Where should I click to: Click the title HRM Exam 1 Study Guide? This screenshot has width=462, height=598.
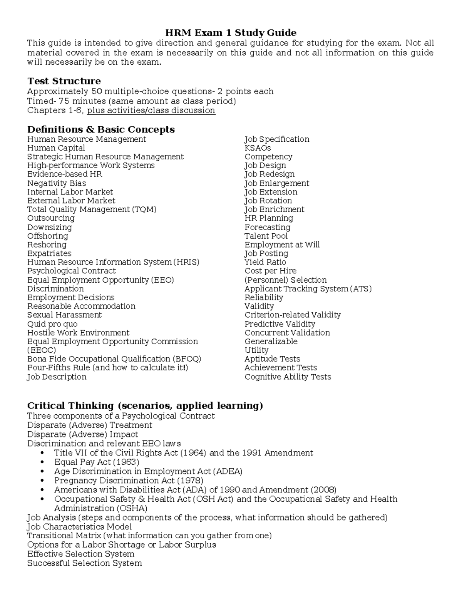231,32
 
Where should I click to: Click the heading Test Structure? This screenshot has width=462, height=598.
64,81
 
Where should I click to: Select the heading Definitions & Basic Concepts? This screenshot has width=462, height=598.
101,129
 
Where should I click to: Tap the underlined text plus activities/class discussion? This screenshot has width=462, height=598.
151,111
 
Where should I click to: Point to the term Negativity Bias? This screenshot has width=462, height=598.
57,183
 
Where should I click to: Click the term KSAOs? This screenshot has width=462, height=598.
258,148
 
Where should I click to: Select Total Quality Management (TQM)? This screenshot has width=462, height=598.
92,209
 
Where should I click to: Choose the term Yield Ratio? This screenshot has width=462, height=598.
265,262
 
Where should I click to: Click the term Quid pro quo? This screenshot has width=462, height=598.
52,324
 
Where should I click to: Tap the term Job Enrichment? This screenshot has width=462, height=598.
274,209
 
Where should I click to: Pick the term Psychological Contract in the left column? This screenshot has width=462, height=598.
71,271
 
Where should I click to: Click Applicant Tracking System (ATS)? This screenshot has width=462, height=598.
308,289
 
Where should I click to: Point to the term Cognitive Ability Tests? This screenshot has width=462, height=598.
288,377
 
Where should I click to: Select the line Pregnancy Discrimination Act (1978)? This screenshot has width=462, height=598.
129,481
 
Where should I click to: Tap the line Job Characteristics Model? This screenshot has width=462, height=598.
79,527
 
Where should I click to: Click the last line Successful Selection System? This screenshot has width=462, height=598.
84,563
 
